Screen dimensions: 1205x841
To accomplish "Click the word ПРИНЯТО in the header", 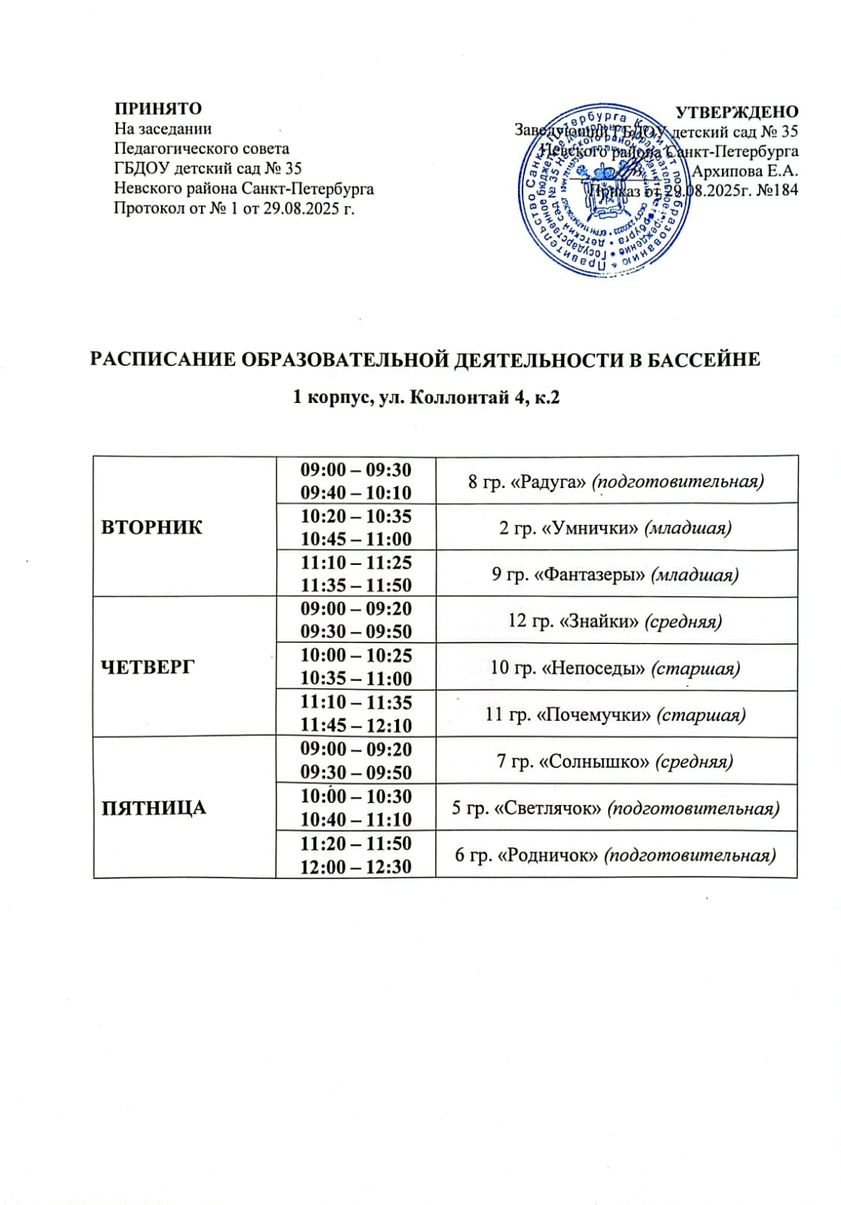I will coord(158,108).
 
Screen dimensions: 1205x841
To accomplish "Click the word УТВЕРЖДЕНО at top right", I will coord(736,112).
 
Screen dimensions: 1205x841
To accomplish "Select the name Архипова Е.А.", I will coord(745,171).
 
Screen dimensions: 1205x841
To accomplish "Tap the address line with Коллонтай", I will coord(426,397).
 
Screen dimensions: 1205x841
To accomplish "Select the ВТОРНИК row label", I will coord(152,527).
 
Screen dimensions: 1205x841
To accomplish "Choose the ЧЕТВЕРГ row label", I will coord(148,667).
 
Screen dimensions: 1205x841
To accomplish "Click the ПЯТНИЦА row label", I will coord(154,808).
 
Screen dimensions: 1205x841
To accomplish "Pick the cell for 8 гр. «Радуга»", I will coord(616,481).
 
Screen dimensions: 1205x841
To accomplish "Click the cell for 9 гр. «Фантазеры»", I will coord(615,575).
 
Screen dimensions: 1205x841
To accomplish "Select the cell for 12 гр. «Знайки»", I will coord(615,621).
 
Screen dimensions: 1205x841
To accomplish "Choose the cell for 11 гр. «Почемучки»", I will coord(615,715).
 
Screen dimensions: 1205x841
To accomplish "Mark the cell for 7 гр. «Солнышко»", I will coord(615,761).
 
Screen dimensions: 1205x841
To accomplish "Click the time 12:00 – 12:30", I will coord(356,867).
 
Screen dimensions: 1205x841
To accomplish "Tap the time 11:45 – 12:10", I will coord(356,726).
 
